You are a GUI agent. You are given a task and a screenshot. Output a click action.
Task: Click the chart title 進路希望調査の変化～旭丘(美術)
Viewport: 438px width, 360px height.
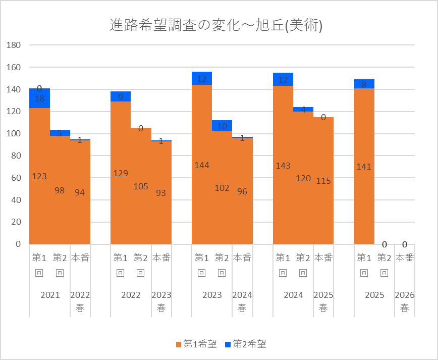(216, 25)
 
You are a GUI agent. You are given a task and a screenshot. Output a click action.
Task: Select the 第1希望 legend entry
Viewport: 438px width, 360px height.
(196, 344)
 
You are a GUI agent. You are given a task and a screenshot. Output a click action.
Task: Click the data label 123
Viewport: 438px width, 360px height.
(39, 176)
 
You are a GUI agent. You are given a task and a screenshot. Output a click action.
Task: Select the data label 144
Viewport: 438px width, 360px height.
(202, 165)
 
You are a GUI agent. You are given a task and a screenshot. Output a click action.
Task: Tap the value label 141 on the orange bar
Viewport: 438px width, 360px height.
(364, 167)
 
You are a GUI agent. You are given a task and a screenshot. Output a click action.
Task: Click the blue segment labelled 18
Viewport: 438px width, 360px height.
(39, 98)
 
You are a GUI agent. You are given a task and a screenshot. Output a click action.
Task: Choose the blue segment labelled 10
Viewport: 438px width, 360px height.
(222, 126)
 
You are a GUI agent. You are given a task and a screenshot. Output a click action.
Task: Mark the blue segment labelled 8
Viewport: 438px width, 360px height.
(364, 84)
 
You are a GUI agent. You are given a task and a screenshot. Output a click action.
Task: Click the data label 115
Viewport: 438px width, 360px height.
(323, 181)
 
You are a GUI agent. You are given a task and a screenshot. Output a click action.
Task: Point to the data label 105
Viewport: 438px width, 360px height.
(141, 186)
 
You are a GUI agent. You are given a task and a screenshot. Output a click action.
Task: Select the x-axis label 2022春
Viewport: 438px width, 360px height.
(80, 301)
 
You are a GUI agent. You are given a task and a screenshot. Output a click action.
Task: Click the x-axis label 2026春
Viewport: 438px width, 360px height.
(404, 301)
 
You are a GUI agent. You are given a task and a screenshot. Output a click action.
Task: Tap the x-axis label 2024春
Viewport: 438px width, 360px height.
(242, 301)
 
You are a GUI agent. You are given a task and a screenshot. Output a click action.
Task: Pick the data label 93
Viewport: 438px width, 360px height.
(161, 193)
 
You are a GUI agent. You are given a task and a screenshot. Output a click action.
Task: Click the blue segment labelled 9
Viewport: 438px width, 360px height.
(121, 96)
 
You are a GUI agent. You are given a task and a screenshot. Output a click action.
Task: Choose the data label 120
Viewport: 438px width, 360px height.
(303, 178)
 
